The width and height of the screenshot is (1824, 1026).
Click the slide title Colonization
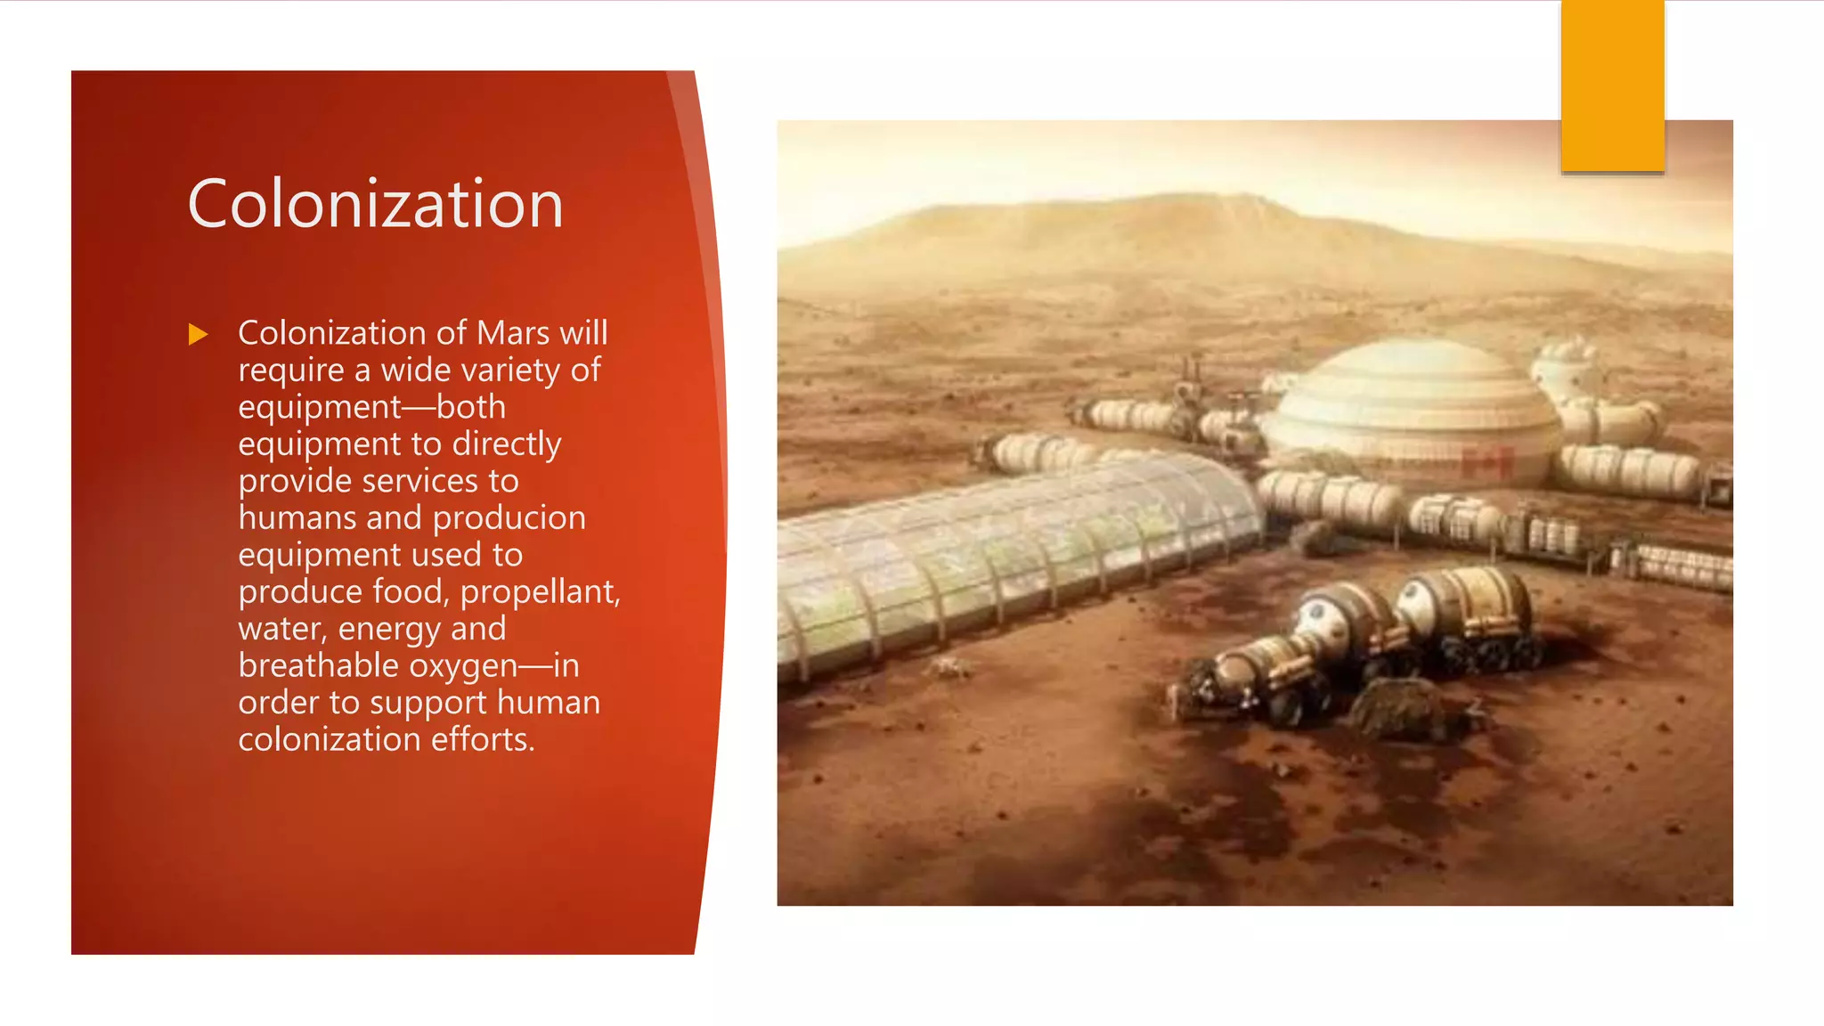point(375,204)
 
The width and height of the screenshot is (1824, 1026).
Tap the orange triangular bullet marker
point(198,335)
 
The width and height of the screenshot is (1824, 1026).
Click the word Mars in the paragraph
point(513,333)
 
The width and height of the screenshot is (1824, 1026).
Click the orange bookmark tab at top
point(1612,85)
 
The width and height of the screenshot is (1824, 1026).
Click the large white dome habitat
point(1412,405)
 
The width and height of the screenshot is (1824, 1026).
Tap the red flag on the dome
point(1486,462)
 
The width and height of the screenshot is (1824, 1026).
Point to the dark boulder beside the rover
point(1398,708)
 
